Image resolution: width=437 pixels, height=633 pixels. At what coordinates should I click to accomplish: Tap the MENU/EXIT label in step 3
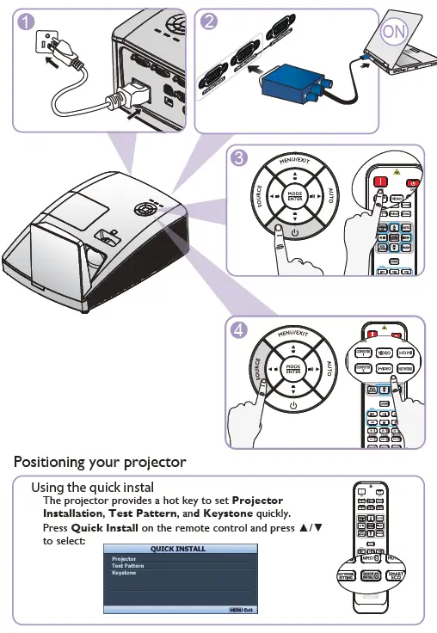click(293, 162)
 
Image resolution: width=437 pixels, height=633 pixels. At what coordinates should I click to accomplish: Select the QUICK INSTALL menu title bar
click(178, 548)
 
